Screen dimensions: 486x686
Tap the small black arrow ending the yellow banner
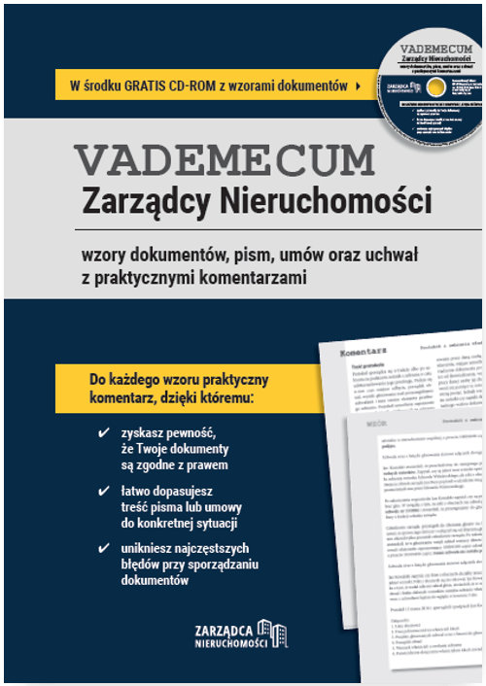coord(360,86)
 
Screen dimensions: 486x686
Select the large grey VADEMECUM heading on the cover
coord(225,158)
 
